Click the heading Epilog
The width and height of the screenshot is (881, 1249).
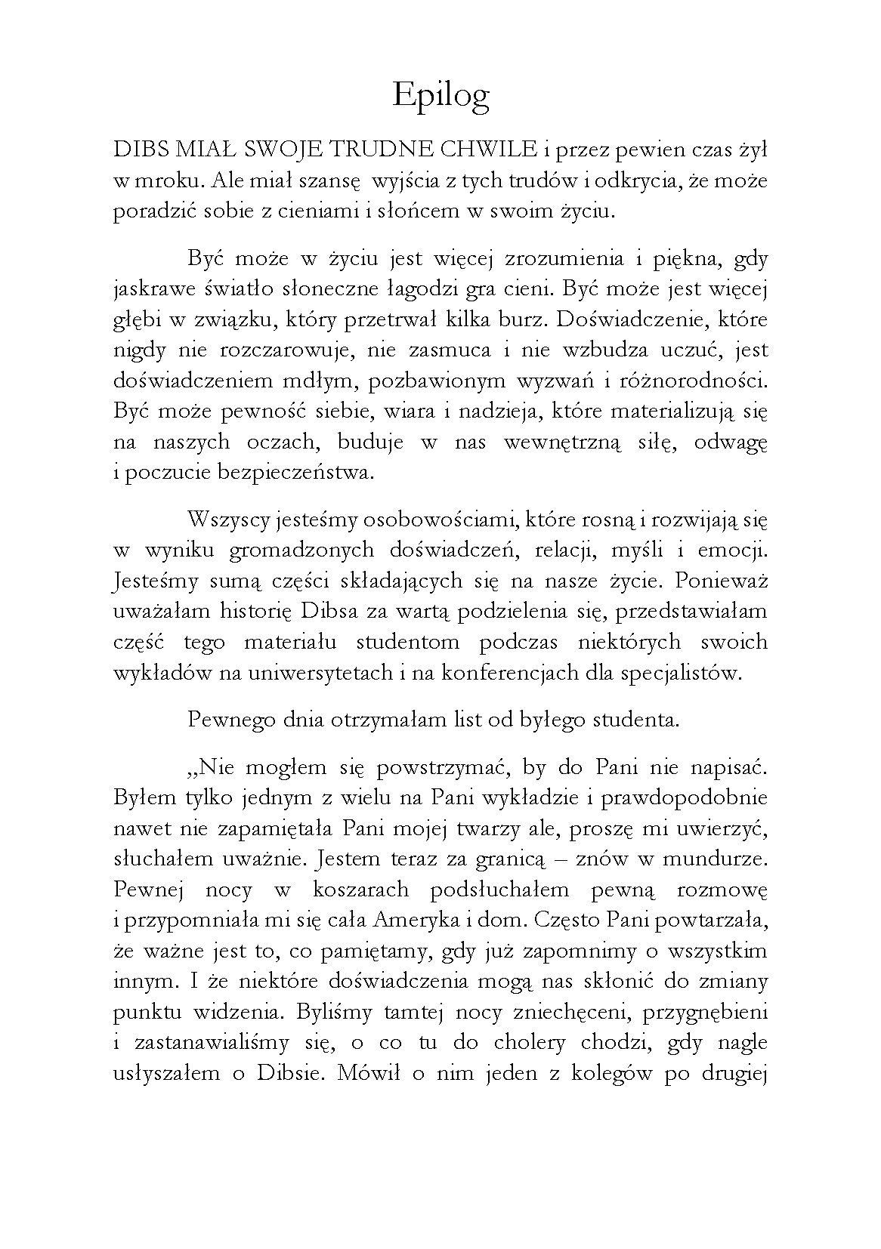coord(441,97)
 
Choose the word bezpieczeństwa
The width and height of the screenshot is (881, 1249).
coord(295,473)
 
